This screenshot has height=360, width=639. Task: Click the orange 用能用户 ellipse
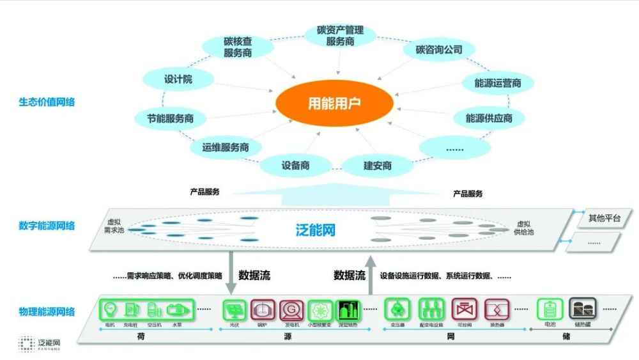(x=334, y=104)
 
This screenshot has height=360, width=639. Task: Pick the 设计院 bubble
(x=178, y=80)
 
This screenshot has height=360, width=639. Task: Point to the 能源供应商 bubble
(x=489, y=118)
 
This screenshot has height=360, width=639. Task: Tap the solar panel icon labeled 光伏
(x=233, y=311)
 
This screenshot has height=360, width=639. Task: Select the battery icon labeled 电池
(x=550, y=310)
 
